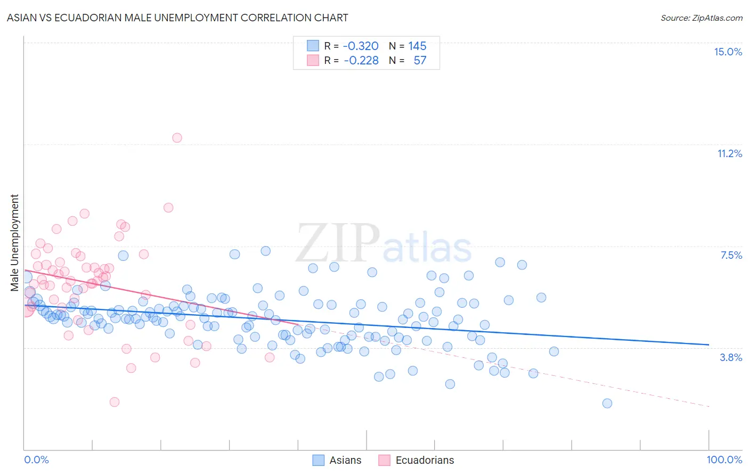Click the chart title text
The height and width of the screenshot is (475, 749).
[177, 18]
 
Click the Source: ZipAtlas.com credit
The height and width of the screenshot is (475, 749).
[701, 18]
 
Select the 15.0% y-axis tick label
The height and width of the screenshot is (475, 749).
[728, 52]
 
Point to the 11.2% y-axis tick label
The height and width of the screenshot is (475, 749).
[729, 153]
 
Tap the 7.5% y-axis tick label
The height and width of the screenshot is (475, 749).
[731, 255]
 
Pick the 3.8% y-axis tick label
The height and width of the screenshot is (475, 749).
[731, 357]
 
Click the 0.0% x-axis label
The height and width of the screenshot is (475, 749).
[36, 460]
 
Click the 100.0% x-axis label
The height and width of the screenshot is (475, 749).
[724, 460]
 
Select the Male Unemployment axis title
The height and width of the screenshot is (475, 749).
[14, 243]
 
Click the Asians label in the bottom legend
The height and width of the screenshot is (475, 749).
[345, 460]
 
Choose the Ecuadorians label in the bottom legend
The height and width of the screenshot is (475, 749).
[425, 460]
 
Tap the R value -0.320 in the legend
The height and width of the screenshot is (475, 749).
[361, 46]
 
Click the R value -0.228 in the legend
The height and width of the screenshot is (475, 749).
[361, 60]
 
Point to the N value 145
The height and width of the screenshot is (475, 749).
[417, 46]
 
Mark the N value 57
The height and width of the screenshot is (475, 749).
[420, 60]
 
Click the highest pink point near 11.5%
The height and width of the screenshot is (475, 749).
[177, 137]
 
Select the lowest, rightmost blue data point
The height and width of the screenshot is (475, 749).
[607, 403]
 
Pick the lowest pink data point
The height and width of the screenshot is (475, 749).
[114, 402]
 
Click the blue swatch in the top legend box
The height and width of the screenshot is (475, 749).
[313, 46]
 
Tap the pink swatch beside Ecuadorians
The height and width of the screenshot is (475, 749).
[384, 460]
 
